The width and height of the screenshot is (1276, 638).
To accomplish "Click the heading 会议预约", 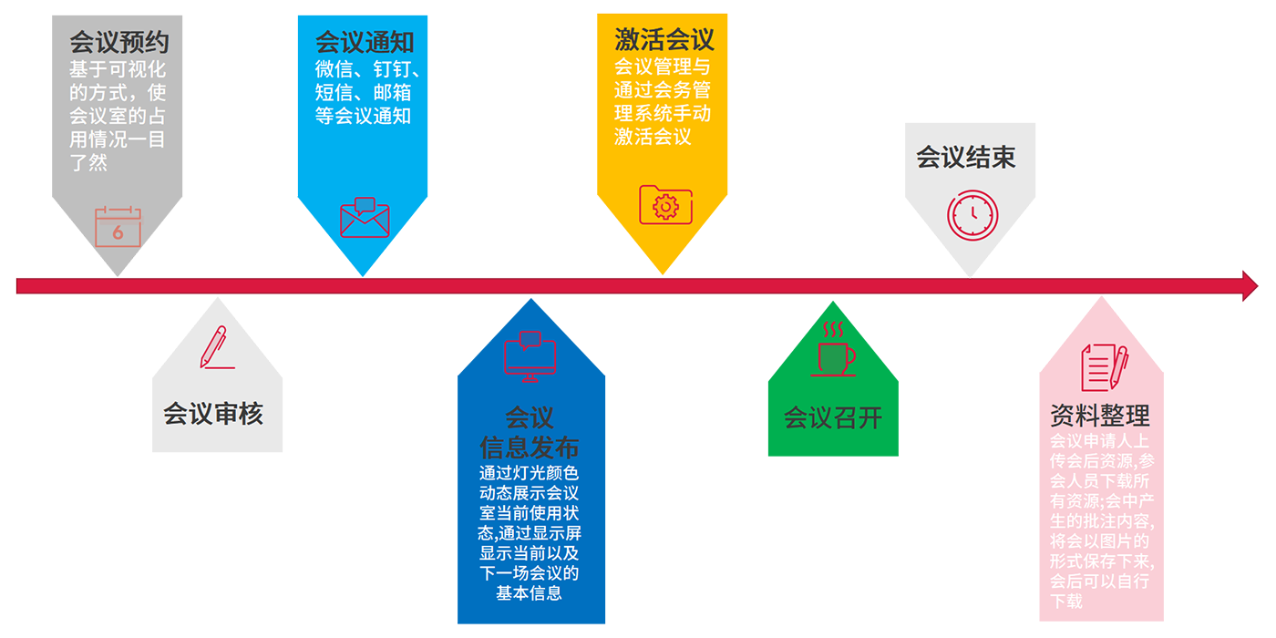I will click(x=119, y=43).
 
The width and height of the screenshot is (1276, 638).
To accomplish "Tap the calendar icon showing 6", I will click(x=118, y=227).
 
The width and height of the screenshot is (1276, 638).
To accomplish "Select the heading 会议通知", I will click(x=365, y=43).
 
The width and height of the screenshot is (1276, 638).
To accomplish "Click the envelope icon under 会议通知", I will click(x=365, y=218).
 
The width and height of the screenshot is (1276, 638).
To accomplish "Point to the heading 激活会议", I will click(x=664, y=40).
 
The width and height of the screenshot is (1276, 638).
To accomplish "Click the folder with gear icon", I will click(x=665, y=205).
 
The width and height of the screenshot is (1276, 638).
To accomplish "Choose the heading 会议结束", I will click(x=966, y=158).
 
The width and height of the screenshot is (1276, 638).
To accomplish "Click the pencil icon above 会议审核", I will click(x=216, y=347).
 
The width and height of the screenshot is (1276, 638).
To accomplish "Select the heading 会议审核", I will click(x=213, y=415).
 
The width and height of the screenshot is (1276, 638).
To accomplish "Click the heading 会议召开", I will click(x=833, y=418).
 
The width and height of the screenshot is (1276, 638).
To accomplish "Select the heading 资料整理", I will click(x=1100, y=417).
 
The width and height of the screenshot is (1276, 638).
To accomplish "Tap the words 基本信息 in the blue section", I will click(x=530, y=593).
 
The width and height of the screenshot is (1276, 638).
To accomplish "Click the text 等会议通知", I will click(x=363, y=117).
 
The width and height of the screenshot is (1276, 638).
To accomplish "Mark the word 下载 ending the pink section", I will click(x=1066, y=602).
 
